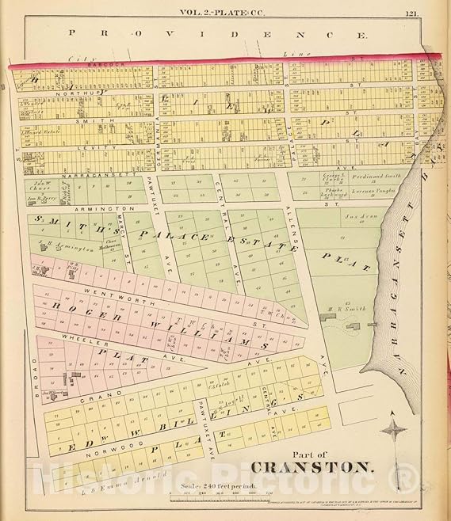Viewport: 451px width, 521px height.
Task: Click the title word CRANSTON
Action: click(x=311, y=466)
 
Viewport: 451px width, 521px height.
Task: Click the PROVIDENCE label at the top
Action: click(x=218, y=35)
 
